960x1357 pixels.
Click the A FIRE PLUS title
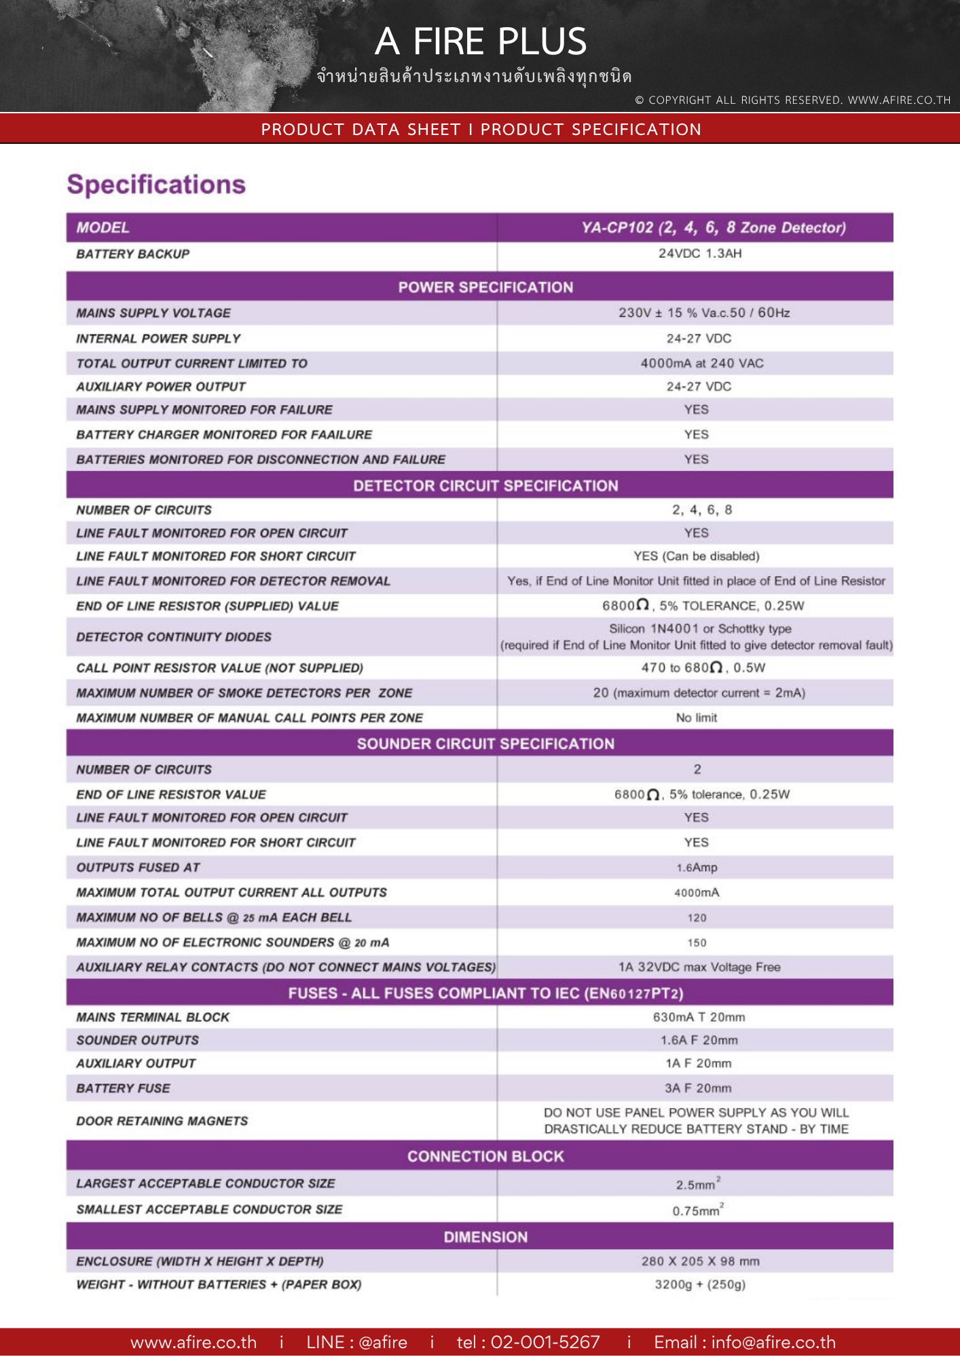(x=481, y=41)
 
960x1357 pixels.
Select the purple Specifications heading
(x=156, y=185)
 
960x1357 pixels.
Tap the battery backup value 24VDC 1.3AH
(x=699, y=254)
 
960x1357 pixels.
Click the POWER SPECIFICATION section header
(x=485, y=287)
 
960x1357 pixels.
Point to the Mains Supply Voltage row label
(x=153, y=313)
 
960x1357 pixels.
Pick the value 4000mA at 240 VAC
(x=702, y=363)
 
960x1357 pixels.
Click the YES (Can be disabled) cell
(x=697, y=556)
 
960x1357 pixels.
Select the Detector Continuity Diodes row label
(x=174, y=637)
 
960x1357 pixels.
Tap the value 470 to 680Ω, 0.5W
(x=703, y=668)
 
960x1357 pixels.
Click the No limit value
(x=697, y=718)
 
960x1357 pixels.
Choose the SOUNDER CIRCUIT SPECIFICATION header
(x=485, y=744)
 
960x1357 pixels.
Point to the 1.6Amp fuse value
(x=697, y=868)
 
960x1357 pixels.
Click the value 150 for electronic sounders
(x=697, y=943)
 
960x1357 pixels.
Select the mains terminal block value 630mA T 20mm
(x=699, y=1017)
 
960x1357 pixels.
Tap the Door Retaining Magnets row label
(x=162, y=1121)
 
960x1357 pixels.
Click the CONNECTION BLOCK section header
(x=485, y=1156)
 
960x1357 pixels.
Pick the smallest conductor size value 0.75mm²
(x=697, y=1210)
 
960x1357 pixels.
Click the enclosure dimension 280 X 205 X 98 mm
(x=700, y=1261)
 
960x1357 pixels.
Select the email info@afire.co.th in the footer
(x=773, y=1342)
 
